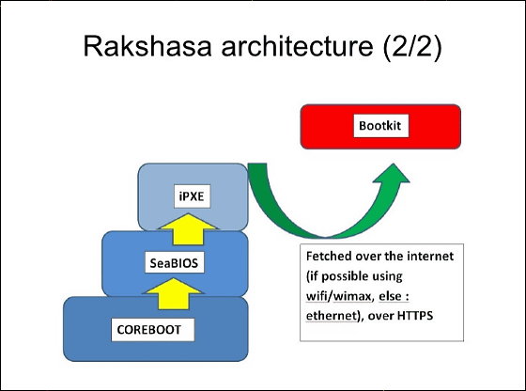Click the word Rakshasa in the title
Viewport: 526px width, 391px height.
147,46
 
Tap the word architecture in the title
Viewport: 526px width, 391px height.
297,46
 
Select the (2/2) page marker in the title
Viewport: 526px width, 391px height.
412,47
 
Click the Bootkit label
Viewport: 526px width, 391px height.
379,126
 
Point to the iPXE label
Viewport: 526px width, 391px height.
192,196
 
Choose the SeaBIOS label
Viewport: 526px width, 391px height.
174,263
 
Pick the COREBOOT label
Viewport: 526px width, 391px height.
149,330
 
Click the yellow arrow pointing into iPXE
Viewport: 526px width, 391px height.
188,229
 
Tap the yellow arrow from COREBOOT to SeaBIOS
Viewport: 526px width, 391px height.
174,293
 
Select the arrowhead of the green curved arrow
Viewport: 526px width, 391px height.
392,174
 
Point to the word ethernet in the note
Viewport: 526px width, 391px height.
331,316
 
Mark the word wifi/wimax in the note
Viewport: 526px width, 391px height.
339,296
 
